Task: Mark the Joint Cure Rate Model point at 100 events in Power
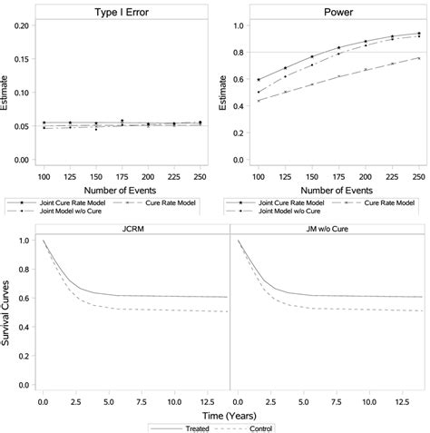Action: click(x=259, y=80)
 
